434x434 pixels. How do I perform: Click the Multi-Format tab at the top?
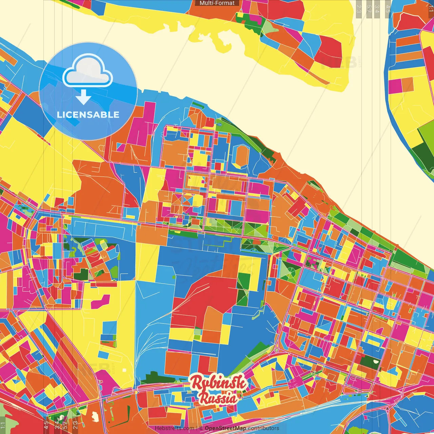click(x=217, y=3)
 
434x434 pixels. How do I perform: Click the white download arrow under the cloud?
click(x=83, y=97)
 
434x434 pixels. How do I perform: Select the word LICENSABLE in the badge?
click(x=88, y=115)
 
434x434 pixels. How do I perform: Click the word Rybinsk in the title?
click(x=218, y=383)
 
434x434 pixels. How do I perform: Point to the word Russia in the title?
click(x=218, y=398)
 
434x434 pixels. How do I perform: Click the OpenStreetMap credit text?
click(x=225, y=428)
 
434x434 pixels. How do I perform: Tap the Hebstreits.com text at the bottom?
click(x=174, y=428)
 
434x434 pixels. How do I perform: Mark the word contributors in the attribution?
click(x=263, y=428)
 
